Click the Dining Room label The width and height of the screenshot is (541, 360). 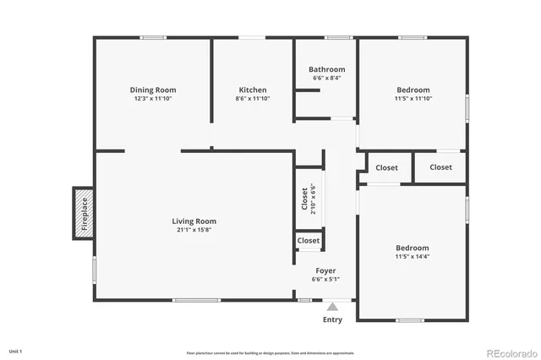(152, 90)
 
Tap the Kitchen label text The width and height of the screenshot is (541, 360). (253, 90)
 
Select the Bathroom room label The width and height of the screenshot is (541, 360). (326, 69)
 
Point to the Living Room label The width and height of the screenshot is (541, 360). (195, 221)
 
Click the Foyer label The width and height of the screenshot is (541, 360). (326, 271)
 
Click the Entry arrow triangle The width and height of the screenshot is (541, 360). (333, 308)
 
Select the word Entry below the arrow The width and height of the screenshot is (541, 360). (333, 320)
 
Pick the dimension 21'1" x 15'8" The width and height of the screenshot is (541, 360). (195, 230)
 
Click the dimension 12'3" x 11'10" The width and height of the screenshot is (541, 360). (152, 98)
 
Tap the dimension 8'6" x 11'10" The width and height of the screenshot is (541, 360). (253, 98)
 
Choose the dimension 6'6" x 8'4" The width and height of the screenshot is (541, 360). (326, 78)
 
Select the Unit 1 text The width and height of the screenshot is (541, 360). (15, 350)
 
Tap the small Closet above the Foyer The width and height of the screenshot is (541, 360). (309, 241)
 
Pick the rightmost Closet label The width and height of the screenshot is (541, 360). (440, 167)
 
